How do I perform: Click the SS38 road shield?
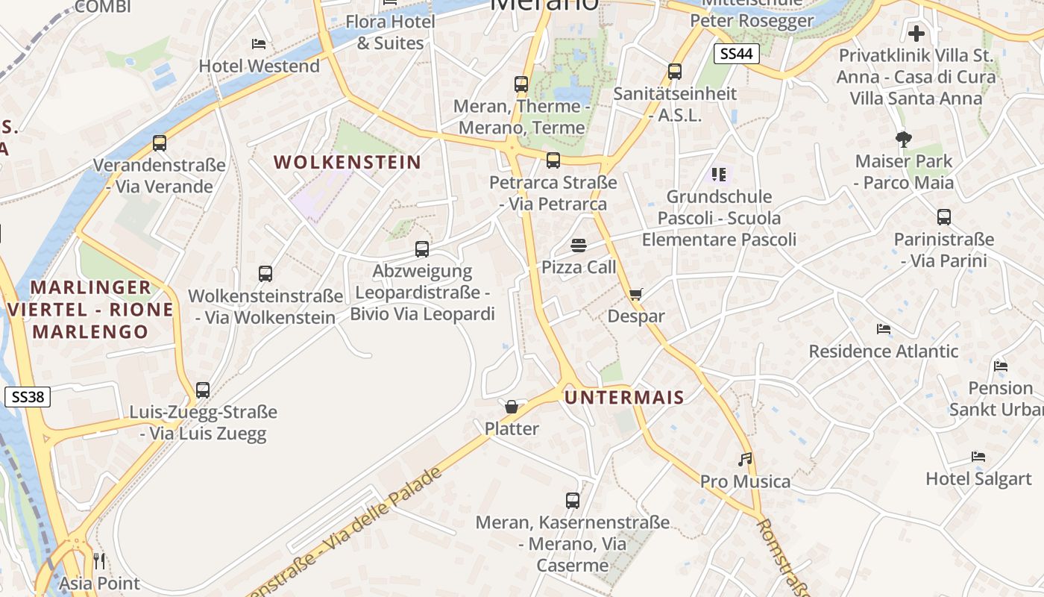[28, 397]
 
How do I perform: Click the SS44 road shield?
[736, 53]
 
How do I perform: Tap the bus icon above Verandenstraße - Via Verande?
[159, 143]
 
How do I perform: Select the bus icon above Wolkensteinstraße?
[265, 274]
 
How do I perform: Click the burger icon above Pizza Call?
[578, 245]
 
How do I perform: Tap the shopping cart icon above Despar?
[635, 294]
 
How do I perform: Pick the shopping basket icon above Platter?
[512, 407]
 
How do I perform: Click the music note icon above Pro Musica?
[745, 459]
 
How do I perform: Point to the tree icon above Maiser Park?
[904, 139]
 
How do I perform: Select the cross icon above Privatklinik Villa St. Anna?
[916, 34]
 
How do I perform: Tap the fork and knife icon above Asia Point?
[99, 560]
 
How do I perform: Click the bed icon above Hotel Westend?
[259, 44]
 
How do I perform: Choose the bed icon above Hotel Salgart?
[978, 457]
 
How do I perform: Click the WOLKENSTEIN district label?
[348, 162]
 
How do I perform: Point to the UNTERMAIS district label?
[624, 397]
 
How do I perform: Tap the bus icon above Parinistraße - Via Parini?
[944, 217]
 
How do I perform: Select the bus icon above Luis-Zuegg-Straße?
[203, 390]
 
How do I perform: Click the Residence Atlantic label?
[884, 351]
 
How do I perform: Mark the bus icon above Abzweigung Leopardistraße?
[422, 249]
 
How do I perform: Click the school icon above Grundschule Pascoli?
[719, 175]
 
